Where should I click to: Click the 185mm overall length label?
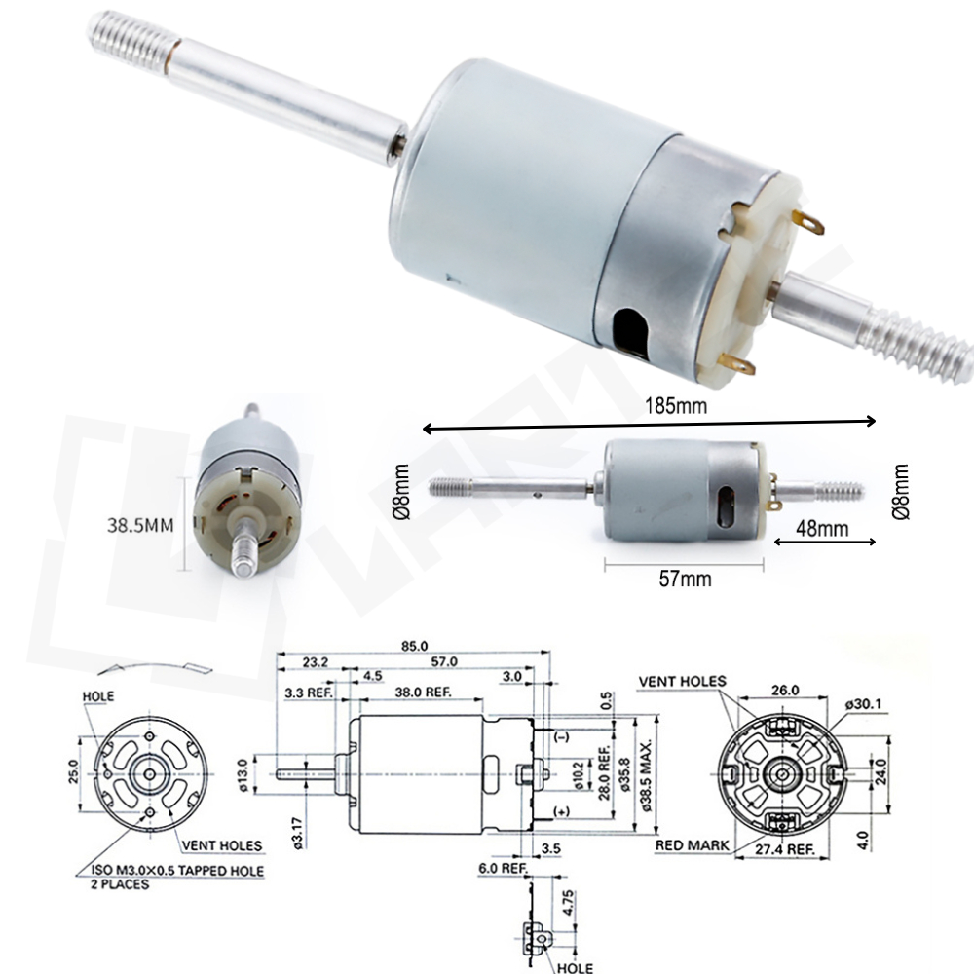(676, 406)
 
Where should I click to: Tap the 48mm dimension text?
(822, 529)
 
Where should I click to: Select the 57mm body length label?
(685, 579)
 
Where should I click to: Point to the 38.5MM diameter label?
(140, 526)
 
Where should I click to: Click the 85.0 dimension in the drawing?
(414, 646)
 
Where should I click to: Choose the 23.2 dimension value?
(315, 662)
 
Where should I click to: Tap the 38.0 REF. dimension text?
(423, 692)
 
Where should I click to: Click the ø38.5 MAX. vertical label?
(646, 775)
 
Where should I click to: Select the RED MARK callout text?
(692, 845)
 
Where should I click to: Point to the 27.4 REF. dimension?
(784, 849)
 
